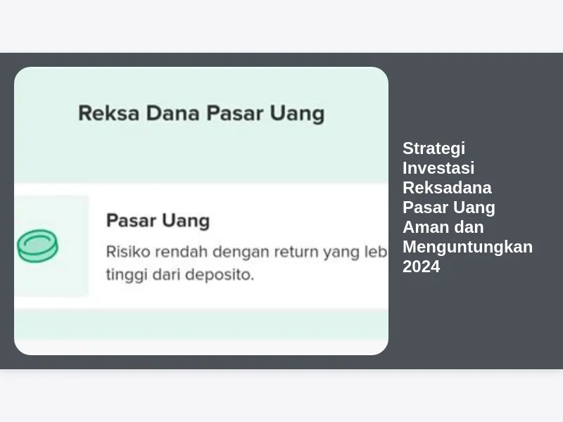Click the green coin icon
(x=38, y=245)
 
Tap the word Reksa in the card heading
(x=109, y=113)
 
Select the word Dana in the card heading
(x=172, y=113)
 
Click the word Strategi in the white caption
(x=434, y=149)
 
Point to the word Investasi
(x=438, y=168)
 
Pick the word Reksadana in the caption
(x=447, y=188)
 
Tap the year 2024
(x=421, y=267)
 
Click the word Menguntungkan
(x=467, y=248)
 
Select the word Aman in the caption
(x=422, y=227)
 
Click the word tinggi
(x=127, y=275)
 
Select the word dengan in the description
(x=241, y=252)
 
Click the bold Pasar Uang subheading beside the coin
(x=158, y=221)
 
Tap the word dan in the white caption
(x=468, y=227)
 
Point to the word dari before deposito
(x=167, y=275)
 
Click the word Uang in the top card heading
(x=297, y=114)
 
